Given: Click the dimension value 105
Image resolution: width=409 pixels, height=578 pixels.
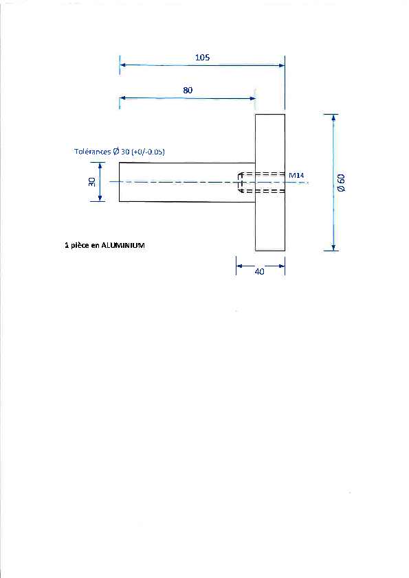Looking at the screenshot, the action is (202, 57).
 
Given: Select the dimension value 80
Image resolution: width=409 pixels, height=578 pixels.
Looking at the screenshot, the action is (188, 90).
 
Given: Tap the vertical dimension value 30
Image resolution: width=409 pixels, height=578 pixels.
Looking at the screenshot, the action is (92, 182).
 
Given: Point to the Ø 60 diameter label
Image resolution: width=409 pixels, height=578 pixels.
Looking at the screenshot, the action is (342, 183).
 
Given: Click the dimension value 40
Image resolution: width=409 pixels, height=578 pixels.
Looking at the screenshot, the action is (260, 272).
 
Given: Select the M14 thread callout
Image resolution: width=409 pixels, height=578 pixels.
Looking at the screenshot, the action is (296, 176).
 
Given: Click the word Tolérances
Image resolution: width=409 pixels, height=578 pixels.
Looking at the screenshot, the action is (92, 152).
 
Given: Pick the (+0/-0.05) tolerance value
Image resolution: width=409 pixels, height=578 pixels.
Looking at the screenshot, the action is (148, 152).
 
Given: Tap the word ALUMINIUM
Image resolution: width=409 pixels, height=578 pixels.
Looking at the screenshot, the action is (123, 245).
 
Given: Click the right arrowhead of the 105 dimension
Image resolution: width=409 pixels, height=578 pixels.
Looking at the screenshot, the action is (282, 66).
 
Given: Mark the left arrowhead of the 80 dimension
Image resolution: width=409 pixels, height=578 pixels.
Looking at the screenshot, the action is (122, 98).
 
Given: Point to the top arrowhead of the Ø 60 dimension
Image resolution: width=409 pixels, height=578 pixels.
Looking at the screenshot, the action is (333, 117).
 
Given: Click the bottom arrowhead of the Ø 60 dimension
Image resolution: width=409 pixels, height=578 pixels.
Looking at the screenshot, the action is (333, 248).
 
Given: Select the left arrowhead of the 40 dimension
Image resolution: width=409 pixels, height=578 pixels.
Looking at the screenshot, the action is (239, 266).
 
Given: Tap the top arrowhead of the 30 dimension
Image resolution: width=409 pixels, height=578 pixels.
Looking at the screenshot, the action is (100, 165).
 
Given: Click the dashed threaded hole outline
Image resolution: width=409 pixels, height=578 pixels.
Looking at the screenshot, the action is (262, 182).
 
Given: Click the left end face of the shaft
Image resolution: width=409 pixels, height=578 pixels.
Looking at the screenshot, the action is (119, 182).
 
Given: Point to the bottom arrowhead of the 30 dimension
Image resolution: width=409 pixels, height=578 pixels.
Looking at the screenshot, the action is (100, 198).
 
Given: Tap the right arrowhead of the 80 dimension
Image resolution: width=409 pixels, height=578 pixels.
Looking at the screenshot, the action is (252, 98).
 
